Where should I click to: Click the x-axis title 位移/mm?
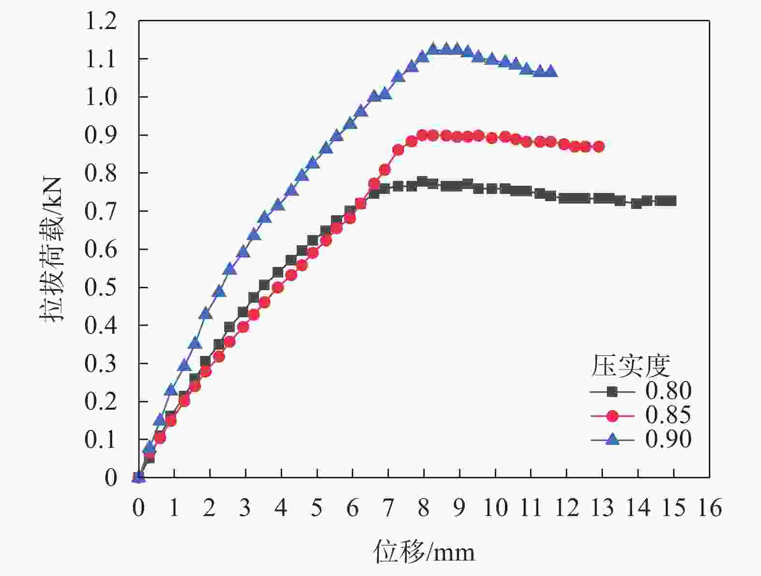click(424, 552)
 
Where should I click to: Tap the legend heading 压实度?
click(630, 366)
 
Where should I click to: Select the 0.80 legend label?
click(668, 391)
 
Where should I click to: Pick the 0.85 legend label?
click(668, 415)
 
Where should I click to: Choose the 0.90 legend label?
click(668, 439)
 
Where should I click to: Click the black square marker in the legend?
click(612, 391)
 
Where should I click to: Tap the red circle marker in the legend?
click(612, 415)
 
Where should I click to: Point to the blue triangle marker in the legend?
click(612, 439)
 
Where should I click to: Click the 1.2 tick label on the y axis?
click(101, 21)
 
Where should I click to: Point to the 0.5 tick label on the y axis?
click(101, 287)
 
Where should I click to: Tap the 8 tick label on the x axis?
click(424, 508)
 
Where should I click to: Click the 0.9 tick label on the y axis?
click(101, 135)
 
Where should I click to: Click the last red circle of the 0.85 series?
click(599, 147)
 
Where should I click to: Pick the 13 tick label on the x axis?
click(603, 508)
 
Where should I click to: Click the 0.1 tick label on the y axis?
click(101, 440)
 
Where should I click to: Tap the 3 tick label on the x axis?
click(245, 508)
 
